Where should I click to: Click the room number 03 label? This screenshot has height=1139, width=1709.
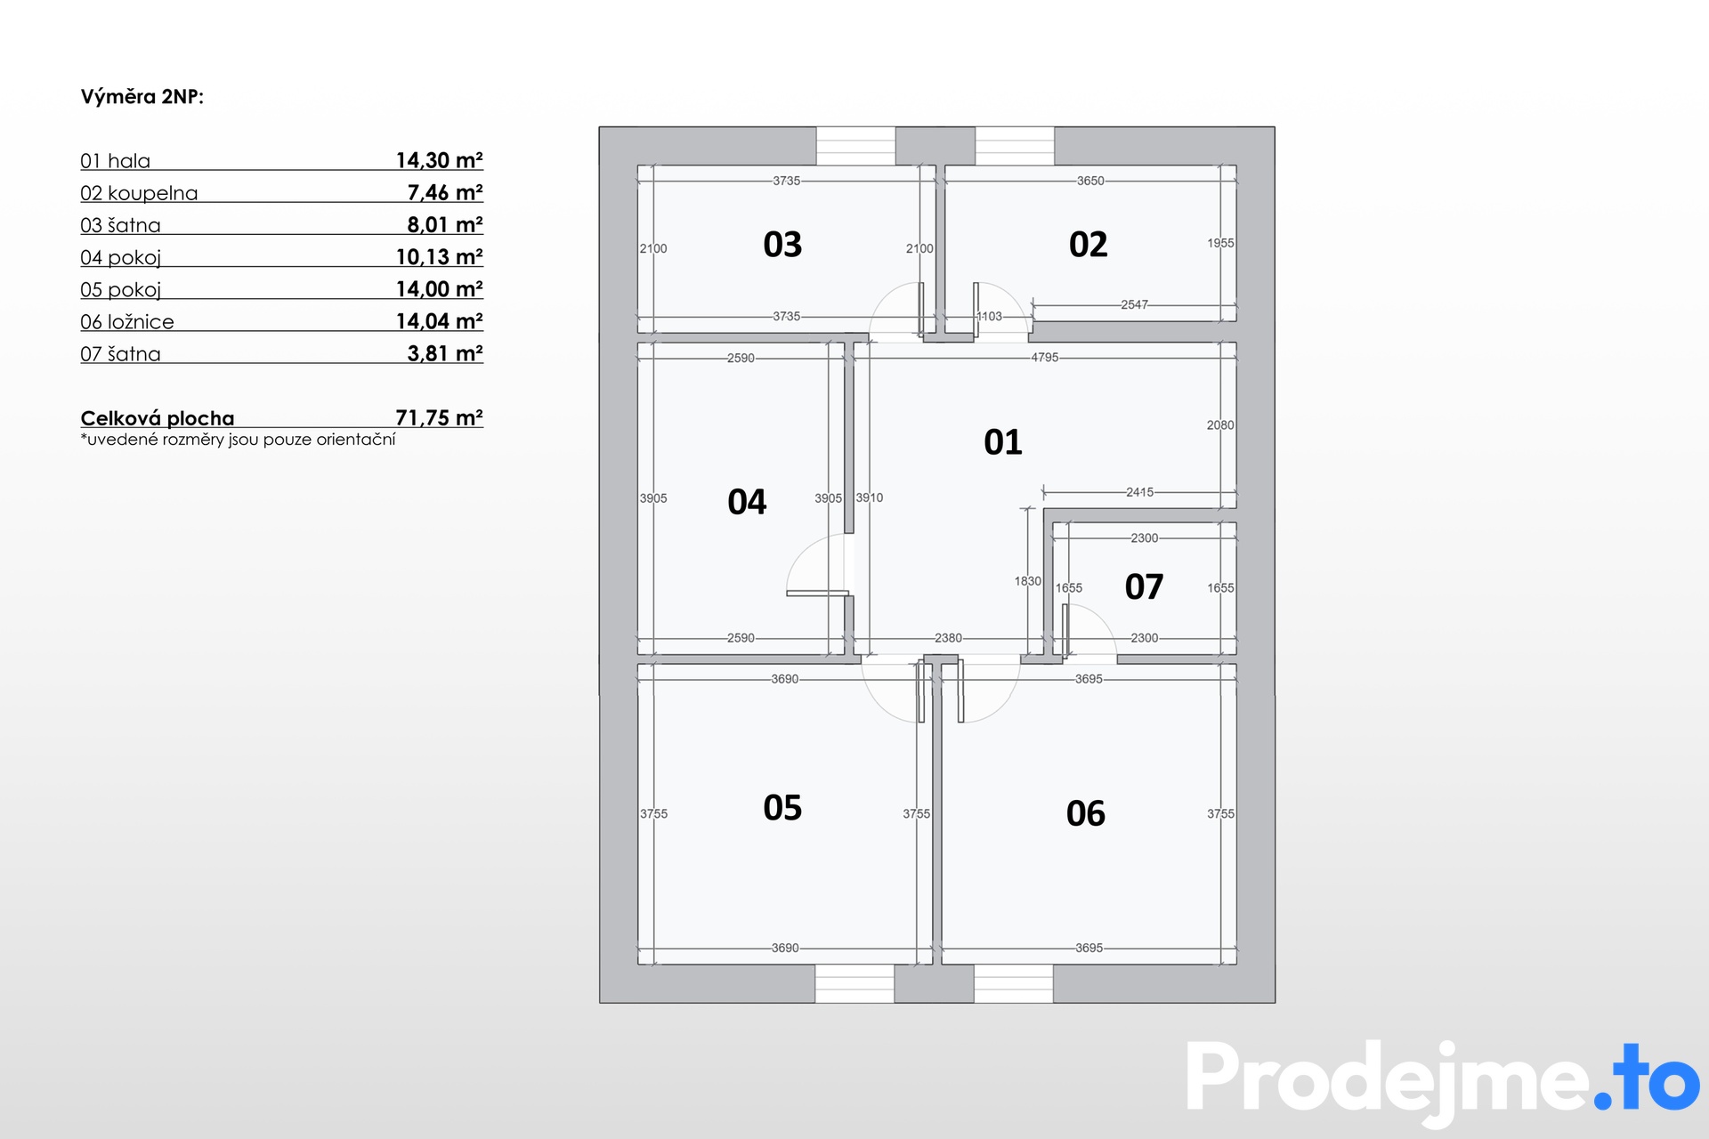click(782, 245)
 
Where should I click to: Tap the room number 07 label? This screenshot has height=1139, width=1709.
click(1144, 587)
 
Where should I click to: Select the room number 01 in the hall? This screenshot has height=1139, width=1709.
click(1003, 442)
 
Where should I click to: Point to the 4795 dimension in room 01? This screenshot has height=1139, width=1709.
click(1045, 358)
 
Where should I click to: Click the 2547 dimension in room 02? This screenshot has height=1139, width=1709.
click(1134, 304)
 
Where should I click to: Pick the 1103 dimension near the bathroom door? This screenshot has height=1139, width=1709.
click(989, 316)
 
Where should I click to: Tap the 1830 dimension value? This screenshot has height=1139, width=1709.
click(1027, 581)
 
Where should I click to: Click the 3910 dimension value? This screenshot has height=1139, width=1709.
click(870, 497)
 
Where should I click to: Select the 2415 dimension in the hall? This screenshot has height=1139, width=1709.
click(1139, 492)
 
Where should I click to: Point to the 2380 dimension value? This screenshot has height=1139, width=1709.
click(948, 638)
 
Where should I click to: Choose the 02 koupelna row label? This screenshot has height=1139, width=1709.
click(139, 193)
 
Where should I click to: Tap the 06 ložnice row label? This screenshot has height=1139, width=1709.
click(127, 321)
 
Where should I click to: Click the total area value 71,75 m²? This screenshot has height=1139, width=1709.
click(440, 417)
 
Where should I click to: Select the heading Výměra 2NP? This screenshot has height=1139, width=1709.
click(142, 97)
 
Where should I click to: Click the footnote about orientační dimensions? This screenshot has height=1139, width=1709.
click(238, 440)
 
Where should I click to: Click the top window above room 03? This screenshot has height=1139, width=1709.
click(855, 146)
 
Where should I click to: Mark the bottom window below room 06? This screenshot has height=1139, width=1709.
click(1014, 983)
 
